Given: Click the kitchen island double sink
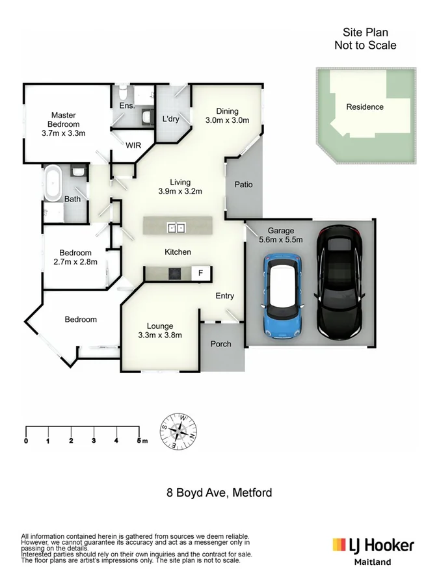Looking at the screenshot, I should coord(177,227).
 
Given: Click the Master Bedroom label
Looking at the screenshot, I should coord(64,124).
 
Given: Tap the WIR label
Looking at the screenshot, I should coord(133,146).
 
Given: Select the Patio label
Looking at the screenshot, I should coord(243,185).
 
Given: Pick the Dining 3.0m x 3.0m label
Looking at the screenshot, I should coord(227,116).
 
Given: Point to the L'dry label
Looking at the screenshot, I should coord(170,118).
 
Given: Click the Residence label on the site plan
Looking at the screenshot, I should coord(364,107).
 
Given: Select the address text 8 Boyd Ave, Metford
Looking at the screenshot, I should coord(219,493).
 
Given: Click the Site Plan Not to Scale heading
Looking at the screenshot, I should coord(365,38).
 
